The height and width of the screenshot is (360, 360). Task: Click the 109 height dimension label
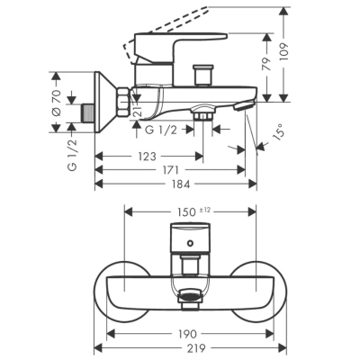click(284, 53)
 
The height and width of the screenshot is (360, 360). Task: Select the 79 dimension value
click(266, 63)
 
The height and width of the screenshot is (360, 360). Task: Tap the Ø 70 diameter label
click(57, 103)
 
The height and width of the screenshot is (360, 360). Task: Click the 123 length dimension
click(148, 157)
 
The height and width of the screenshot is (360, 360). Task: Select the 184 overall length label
click(181, 184)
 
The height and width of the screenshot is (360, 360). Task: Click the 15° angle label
click(278, 132)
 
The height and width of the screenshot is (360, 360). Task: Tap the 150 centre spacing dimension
click(186, 212)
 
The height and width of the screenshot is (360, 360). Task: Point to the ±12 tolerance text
click(205, 211)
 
